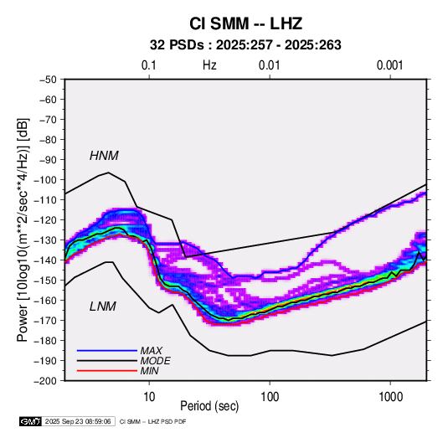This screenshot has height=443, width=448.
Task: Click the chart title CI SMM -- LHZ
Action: pyautogui.click(x=245, y=23)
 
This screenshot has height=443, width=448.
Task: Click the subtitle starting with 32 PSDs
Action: pyautogui.click(x=245, y=45)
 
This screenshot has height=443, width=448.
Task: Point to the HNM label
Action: pyautogui.click(x=104, y=156)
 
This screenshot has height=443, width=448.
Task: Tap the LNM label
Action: pyautogui.click(x=103, y=306)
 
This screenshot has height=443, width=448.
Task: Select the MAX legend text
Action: pyautogui.click(x=152, y=351)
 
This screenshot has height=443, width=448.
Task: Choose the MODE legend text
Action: pyautogui.click(x=156, y=361)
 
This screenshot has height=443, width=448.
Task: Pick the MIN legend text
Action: pyautogui.click(x=149, y=371)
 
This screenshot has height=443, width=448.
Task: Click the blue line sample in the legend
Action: pyautogui.click(x=107, y=351)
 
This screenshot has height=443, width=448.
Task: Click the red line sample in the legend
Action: pyautogui.click(x=107, y=371)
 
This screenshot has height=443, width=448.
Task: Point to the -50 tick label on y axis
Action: pyautogui.click(x=48, y=80)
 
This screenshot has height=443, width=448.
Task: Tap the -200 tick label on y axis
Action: pyautogui.click(x=45, y=381)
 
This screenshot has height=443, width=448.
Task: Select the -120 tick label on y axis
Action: pyautogui.click(x=45, y=220)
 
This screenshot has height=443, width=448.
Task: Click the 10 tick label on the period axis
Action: pyautogui.click(x=149, y=397)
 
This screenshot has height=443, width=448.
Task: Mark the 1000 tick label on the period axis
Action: pyautogui.click(x=390, y=397)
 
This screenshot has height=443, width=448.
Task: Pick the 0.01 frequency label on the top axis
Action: pyautogui.click(x=269, y=65)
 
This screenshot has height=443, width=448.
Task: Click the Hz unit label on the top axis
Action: pyautogui.click(x=209, y=65)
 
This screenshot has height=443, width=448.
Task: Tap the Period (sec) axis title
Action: pyautogui.click(x=209, y=406)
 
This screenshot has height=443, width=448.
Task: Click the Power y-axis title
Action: pyautogui.click(x=23, y=230)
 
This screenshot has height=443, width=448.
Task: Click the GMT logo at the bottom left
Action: pyautogui.click(x=31, y=421)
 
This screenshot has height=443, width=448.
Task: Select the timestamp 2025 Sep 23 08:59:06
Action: pyautogui.click(x=78, y=421)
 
